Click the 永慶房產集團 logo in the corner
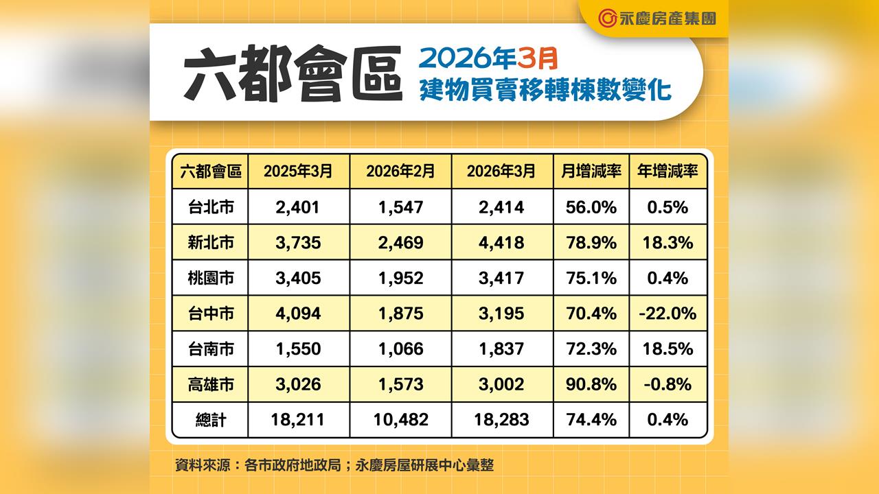coord(656,18)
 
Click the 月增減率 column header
coord(591,172)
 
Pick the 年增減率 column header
coord(667,172)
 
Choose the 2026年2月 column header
coord(400,172)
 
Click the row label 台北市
coord(210,207)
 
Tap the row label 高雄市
coord(210,384)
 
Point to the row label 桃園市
coord(210,278)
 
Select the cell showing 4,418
coord(502,242)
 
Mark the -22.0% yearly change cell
coord(667,314)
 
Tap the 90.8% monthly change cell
coord(591,384)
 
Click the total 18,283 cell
coord(502,420)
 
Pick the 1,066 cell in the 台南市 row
coord(400,349)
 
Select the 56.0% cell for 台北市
coord(591,207)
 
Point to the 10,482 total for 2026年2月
coord(400,420)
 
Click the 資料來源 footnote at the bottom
coord(334,465)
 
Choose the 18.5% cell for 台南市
coord(667,349)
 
